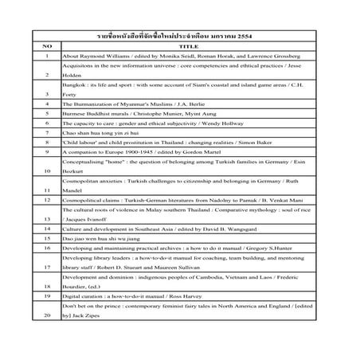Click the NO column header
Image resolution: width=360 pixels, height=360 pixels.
pyautogui.click(x=48, y=46)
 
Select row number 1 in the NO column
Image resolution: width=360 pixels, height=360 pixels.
pyautogui.click(x=48, y=57)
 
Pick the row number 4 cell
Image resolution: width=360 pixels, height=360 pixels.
pyautogui.click(x=48, y=104)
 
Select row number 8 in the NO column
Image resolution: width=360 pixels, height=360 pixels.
pyautogui.click(x=48, y=151)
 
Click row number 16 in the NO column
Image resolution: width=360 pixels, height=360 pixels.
pyautogui.click(x=48, y=272)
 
